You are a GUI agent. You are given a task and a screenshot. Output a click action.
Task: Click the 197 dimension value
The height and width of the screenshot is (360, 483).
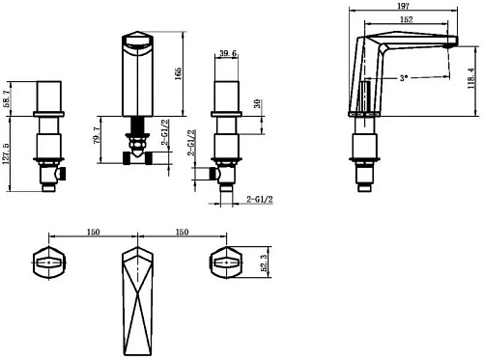(403, 6)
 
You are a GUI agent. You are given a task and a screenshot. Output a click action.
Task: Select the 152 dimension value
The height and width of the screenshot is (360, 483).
(407, 19)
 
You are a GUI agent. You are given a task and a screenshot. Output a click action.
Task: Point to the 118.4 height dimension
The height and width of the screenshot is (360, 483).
(471, 78)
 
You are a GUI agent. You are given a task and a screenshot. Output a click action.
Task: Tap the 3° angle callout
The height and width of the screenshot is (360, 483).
(404, 78)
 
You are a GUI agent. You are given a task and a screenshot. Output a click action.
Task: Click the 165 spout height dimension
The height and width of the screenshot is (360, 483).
(178, 73)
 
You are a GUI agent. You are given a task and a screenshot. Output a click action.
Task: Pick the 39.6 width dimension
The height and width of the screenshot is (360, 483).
(228, 53)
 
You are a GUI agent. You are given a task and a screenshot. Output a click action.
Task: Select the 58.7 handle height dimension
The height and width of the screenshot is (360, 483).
(7, 98)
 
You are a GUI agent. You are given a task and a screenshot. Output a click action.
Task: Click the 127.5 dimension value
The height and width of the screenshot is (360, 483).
(6, 153)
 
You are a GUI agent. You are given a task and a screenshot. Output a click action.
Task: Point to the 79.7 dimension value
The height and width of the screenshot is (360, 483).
(97, 135)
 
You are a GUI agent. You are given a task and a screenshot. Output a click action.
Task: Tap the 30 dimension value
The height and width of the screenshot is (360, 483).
(257, 103)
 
